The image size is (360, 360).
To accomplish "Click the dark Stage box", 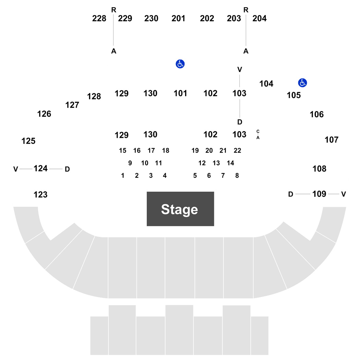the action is point(180,209).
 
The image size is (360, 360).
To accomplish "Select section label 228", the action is point(99,19).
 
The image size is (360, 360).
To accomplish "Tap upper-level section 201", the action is point(178,19).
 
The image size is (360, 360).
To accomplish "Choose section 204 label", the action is point(260,19).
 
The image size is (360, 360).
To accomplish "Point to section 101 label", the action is point(180,93).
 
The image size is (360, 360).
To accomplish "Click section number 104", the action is point(266,84).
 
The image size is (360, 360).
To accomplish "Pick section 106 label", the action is point(316,114).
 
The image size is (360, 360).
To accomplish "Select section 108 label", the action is point(319,169).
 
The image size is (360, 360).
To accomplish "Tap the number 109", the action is point(319,194).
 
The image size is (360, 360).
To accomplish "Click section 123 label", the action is point(40,194).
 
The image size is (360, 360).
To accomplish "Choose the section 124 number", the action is point(40,168).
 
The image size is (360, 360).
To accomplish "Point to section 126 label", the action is point(44,113).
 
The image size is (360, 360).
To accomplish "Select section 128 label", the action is point(94,96).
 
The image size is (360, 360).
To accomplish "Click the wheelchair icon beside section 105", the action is point(302,83).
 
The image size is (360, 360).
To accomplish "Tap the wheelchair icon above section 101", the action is point(180,64).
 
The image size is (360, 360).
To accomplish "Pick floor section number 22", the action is point(237,151).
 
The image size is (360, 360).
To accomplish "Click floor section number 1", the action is point(123,176).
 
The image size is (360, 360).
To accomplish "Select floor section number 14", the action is point(230,163).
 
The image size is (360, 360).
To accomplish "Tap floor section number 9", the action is point(130,163).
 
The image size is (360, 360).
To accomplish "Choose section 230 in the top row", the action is point(151,19).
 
